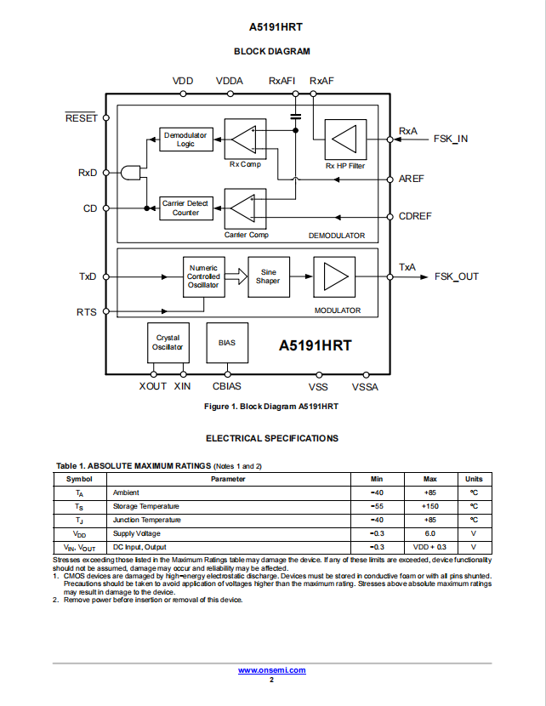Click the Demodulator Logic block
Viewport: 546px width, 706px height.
coord(186,139)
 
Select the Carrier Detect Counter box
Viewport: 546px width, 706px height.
coord(186,208)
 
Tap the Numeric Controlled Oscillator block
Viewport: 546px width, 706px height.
coord(204,277)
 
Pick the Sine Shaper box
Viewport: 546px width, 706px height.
coord(269,277)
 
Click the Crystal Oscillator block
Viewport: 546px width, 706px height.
coord(168,343)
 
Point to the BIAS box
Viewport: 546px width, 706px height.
coord(227,343)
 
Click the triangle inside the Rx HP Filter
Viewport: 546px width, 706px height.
coord(344,139)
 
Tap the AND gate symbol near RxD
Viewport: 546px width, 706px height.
coord(130,173)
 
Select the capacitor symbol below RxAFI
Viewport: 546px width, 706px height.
coord(296,117)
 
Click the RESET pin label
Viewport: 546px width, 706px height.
coord(82,118)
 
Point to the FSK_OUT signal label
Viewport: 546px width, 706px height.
coord(457,276)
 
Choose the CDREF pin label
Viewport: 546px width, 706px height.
coord(415,216)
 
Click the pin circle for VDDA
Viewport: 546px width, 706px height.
coord(230,94)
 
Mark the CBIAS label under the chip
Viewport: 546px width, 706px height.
coord(227,386)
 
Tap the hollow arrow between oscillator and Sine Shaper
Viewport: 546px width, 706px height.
coord(236,276)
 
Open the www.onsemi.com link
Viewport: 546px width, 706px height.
coord(272,670)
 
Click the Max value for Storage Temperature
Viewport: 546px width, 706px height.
coord(429,507)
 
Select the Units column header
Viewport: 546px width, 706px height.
coord(474,479)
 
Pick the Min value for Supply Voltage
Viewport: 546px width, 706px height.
coord(378,533)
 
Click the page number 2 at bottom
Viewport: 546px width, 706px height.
coord(271,680)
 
